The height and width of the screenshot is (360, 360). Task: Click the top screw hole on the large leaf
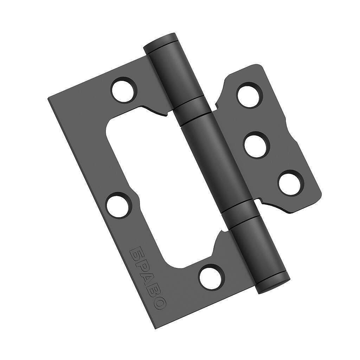click(x=124, y=90)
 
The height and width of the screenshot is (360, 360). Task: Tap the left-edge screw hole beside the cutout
click(x=118, y=205)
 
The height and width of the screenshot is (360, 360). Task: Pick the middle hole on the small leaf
click(x=257, y=144)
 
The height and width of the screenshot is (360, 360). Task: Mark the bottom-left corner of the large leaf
click(x=156, y=329)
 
